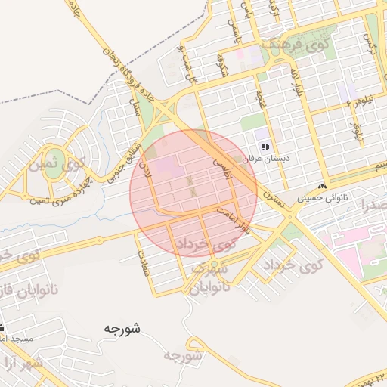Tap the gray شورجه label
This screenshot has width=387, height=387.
(184, 354)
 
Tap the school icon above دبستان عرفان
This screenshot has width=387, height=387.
(265, 147)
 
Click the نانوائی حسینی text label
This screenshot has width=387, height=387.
(324, 198)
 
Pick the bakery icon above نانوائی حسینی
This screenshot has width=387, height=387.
(323, 186)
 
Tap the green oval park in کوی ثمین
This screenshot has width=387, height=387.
(52, 169)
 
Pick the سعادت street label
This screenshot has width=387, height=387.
(142, 265)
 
